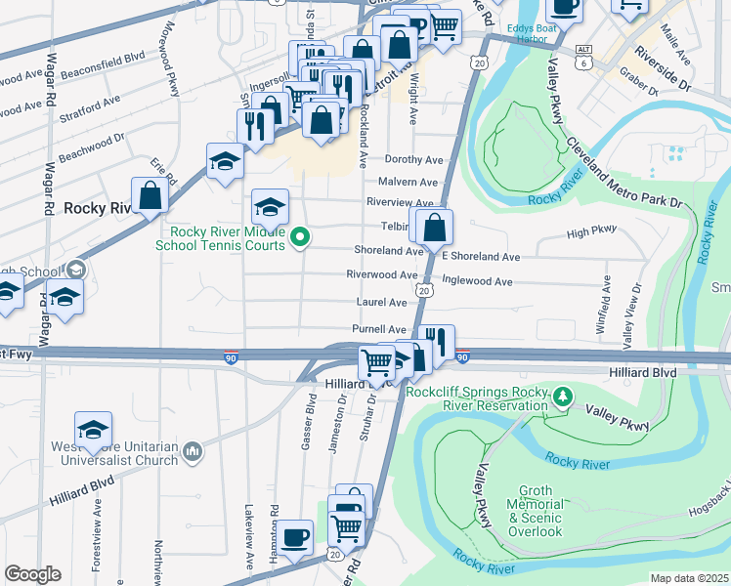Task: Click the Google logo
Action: pos(32,575)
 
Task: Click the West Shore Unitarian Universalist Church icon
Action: pos(193,451)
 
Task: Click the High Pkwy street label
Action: pos(592,231)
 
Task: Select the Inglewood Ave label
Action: pos(477,281)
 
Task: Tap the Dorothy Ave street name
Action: pos(413,159)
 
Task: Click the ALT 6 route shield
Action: pos(583,55)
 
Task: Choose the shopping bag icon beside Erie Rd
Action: pos(150,195)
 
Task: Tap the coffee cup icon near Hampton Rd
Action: pos(294,536)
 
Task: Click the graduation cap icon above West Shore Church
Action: pos(93,429)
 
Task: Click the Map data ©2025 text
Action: pos(689,578)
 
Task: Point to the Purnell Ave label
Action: pos(378,329)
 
